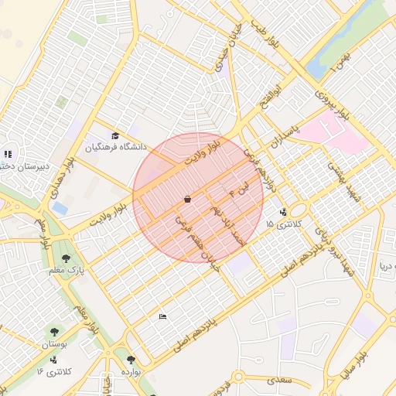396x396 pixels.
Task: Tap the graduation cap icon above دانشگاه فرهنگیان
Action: click(x=116, y=136)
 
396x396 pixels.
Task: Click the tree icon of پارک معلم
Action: click(x=67, y=258)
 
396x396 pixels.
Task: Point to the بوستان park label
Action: click(x=55, y=343)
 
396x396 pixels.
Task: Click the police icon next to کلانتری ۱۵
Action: click(x=282, y=211)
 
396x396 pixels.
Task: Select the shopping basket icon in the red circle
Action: click(x=187, y=200)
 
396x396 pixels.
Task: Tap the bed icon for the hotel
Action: click(x=162, y=316)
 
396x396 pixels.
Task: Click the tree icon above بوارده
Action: click(x=130, y=360)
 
